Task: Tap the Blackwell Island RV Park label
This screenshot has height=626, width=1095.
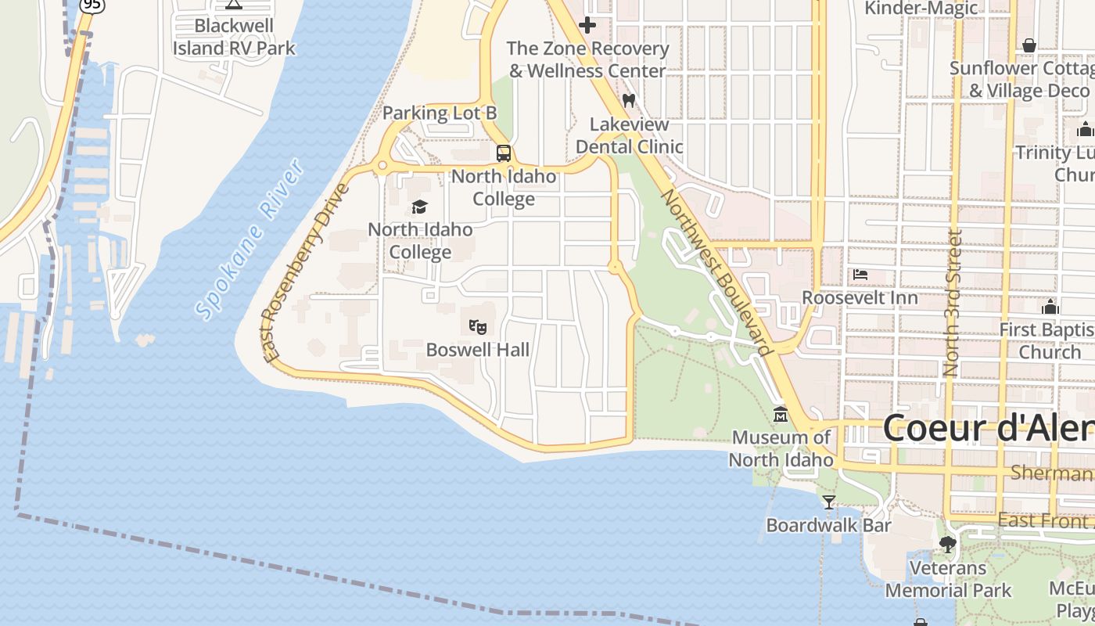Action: (234, 37)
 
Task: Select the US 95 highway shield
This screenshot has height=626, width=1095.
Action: (92, 5)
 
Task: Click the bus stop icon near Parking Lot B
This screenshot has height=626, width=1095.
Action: (504, 153)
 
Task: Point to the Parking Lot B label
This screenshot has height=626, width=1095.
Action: (440, 113)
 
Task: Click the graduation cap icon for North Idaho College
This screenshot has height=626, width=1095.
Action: (420, 207)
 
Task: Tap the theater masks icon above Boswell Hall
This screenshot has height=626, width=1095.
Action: (477, 326)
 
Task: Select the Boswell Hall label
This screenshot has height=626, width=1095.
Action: (477, 350)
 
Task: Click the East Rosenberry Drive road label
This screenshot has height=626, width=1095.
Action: (306, 274)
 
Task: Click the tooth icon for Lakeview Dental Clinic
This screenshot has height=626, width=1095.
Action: (629, 101)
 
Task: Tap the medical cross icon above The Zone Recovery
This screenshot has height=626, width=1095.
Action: (587, 25)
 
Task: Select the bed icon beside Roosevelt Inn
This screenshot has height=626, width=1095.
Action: (860, 275)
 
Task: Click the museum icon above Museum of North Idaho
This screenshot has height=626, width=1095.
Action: (780, 414)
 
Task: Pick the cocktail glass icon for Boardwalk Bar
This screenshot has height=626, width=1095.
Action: (829, 502)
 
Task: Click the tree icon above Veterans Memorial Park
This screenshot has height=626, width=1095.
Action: (948, 544)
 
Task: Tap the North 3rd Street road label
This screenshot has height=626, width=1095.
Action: (951, 303)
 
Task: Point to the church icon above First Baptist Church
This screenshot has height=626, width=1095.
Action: (1050, 307)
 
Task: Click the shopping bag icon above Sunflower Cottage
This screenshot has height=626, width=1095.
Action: (1029, 45)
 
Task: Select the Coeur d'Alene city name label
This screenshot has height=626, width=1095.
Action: (989, 429)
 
